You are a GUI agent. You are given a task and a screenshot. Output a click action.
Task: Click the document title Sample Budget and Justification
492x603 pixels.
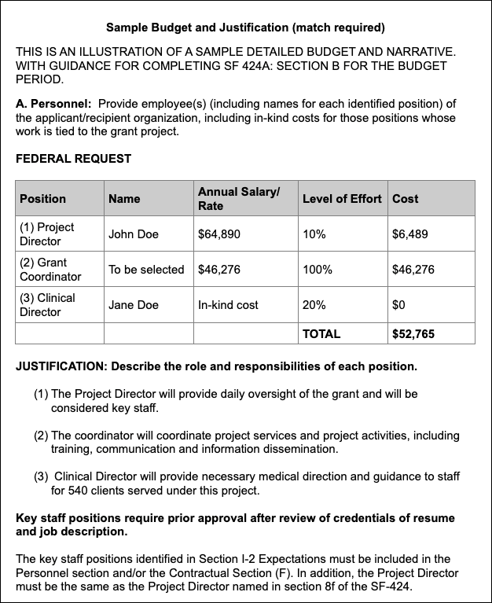click(x=245, y=28)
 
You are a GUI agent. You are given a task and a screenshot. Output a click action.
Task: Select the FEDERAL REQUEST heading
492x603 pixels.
click(x=74, y=159)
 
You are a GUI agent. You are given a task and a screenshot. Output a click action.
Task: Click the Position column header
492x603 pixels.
click(x=43, y=199)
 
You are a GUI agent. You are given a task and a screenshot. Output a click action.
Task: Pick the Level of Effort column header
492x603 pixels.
click(x=342, y=199)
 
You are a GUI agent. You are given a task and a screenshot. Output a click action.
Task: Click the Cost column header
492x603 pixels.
click(x=406, y=199)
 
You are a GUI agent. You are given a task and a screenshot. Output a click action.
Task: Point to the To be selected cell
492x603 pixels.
click(x=146, y=270)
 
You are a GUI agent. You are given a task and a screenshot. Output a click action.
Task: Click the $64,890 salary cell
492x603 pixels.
click(x=219, y=234)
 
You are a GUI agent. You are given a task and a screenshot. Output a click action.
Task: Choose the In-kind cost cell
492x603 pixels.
click(x=228, y=305)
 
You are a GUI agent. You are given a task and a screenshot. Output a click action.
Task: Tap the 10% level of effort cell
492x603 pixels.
click(x=314, y=234)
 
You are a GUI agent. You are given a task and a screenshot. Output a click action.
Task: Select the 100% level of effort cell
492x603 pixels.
click(x=317, y=270)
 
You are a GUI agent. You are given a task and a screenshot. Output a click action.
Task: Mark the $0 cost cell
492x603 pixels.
click(x=398, y=305)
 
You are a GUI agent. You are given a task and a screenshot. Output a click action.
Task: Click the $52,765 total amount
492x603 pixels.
click(x=413, y=334)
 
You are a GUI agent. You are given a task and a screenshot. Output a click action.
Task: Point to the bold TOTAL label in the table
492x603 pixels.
click(x=321, y=334)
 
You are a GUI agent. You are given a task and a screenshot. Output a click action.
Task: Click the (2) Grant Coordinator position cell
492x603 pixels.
click(x=50, y=270)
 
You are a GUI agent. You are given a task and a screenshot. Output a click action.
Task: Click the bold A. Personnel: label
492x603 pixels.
click(x=53, y=104)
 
